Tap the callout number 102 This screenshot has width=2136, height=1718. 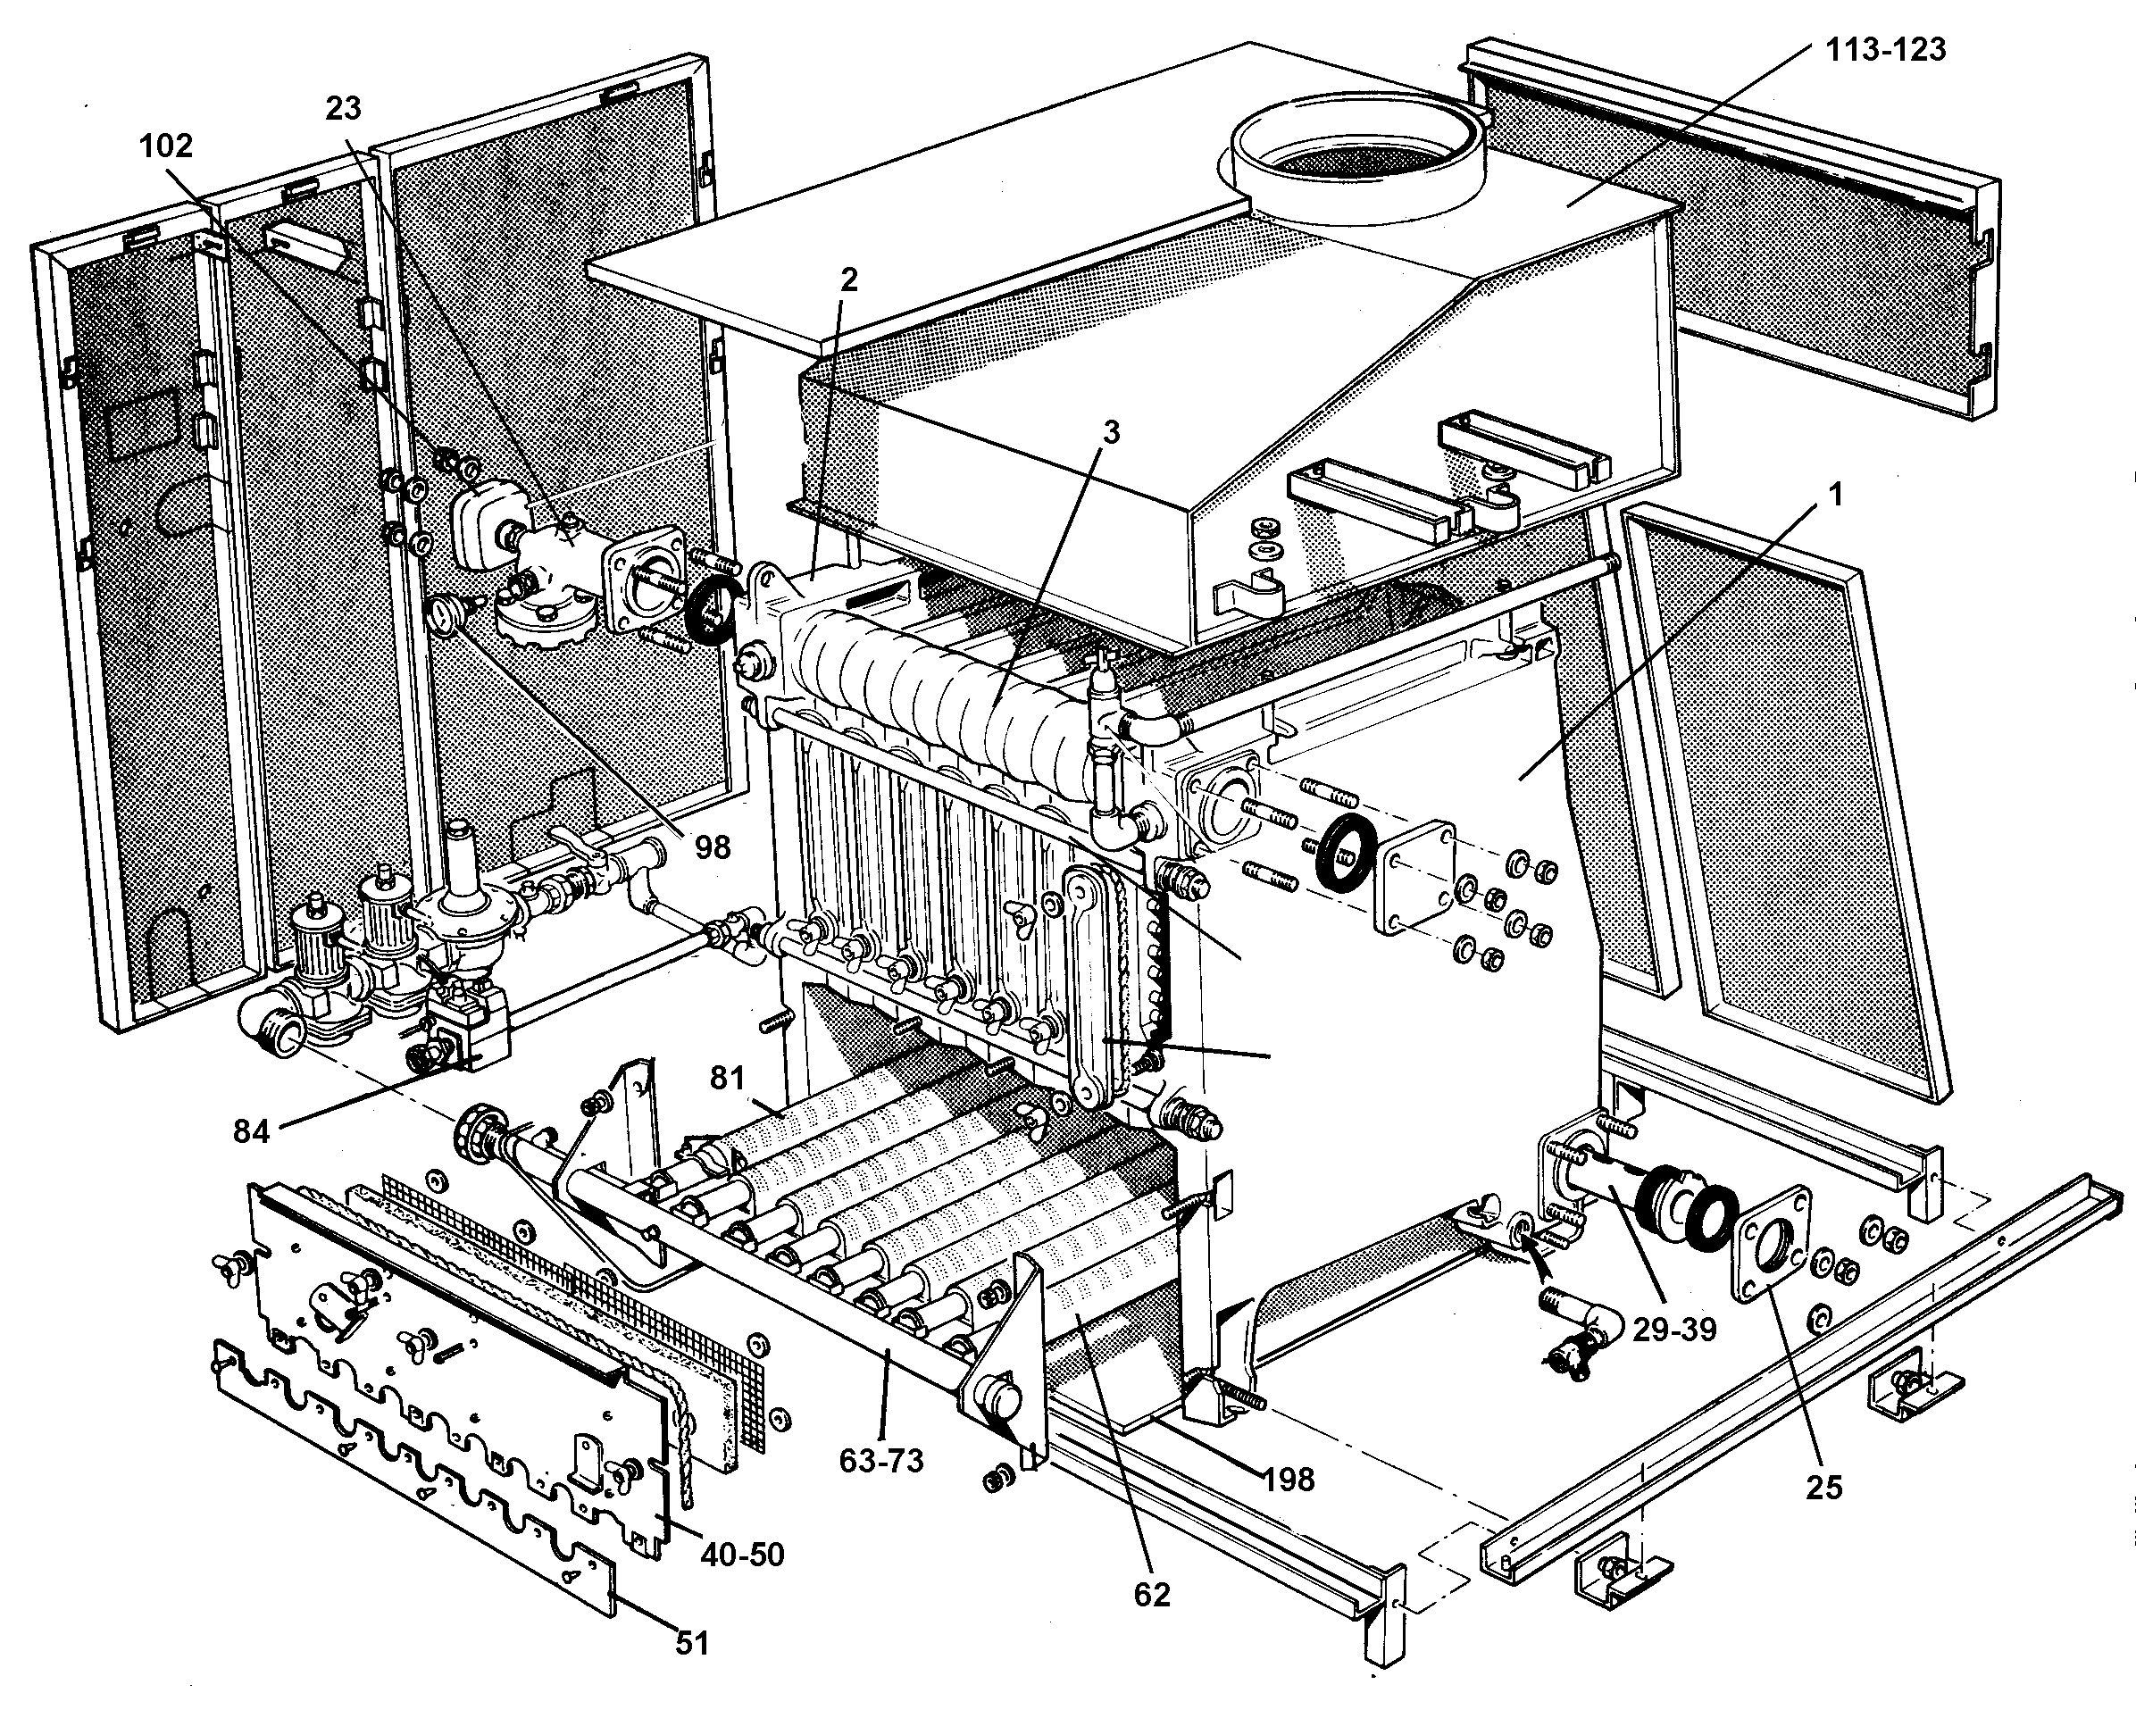(165, 146)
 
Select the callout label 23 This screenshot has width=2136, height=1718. (344, 108)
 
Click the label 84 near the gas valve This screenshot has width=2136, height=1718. (252, 1130)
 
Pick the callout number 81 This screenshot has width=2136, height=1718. (728, 1077)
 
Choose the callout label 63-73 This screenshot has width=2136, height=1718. (880, 1459)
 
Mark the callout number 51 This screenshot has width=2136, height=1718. (693, 1643)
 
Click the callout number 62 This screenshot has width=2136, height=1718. (1150, 1594)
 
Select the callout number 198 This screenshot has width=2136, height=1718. (1288, 1480)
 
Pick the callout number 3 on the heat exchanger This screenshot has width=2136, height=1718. (1113, 433)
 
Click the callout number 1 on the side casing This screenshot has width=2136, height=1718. (1836, 494)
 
